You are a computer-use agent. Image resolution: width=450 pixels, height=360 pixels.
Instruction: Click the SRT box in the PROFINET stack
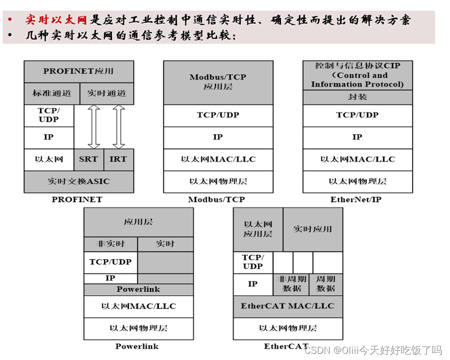[x=89, y=159]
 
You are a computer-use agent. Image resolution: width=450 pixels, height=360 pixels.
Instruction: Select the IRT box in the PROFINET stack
[x=119, y=159]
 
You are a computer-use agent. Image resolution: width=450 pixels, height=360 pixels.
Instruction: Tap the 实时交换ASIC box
[x=79, y=182]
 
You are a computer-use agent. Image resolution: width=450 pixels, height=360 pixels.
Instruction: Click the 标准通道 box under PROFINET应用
[x=52, y=94]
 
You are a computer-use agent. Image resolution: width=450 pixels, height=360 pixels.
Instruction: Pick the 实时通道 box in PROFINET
[x=107, y=94]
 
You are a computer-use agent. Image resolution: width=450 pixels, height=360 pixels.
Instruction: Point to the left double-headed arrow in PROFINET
[x=94, y=126]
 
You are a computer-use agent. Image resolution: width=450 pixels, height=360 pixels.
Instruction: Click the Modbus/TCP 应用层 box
[x=218, y=82]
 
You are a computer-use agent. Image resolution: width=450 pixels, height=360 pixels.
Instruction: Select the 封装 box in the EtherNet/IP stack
[x=357, y=97]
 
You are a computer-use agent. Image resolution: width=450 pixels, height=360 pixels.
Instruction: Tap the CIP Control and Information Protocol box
[x=357, y=75]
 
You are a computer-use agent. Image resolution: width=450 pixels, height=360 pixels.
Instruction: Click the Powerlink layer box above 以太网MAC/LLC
[x=138, y=289]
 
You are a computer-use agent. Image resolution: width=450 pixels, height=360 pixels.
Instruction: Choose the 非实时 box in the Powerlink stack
[x=111, y=243]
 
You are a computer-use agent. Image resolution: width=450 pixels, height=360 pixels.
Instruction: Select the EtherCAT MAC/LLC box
[x=288, y=306]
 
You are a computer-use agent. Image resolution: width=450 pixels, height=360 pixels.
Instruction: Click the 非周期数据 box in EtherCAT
[x=291, y=285]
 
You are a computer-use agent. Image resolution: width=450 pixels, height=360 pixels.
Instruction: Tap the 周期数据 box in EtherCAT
[x=326, y=285]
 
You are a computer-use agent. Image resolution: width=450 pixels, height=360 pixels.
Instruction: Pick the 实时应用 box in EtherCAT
[x=313, y=229]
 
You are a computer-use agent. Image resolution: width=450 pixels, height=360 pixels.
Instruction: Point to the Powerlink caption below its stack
[x=137, y=346]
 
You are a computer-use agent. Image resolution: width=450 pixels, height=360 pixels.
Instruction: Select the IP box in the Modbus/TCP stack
[x=218, y=137]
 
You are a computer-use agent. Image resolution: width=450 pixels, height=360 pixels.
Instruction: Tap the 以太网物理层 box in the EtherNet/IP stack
[x=357, y=182]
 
